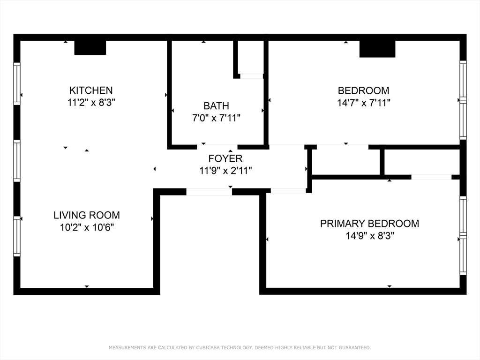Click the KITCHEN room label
coord(91,90)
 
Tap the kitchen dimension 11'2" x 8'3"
coord(91,103)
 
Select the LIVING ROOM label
coord(87,215)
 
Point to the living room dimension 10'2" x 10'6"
coord(87,227)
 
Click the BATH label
coord(216,106)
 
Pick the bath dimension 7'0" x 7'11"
coord(216,118)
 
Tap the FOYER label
coord(225,158)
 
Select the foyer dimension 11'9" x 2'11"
coord(225,171)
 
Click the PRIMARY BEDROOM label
coord(369,224)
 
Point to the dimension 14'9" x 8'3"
coord(369,236)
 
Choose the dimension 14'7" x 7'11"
coord(363,103)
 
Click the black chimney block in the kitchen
coord(90,48)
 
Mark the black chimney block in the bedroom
coord(377,49)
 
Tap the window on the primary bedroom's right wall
coord(463,236)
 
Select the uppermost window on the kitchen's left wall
coord(17,83)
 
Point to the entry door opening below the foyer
coord(209,192)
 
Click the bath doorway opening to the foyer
coord(217,147)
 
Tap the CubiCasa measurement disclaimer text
coord(240,348)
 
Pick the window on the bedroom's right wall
coord(463,100)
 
